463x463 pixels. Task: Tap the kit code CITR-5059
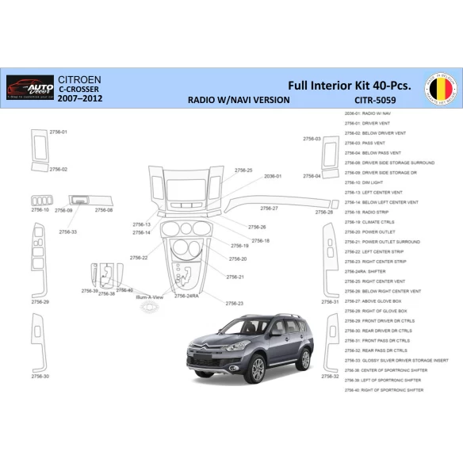(x=375, y=101)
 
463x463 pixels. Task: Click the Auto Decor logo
(x=29, y=87)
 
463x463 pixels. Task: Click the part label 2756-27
(x=269, y=209)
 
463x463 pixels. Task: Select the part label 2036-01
(x=273, y=176)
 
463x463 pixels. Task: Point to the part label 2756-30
(x=40, y=376)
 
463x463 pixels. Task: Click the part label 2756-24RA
(x=186, y=296)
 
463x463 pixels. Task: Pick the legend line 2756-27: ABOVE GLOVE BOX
(x=377, y=301)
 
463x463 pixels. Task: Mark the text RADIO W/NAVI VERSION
(x=238, y=101)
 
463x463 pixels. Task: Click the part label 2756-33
(x=68, y=232)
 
